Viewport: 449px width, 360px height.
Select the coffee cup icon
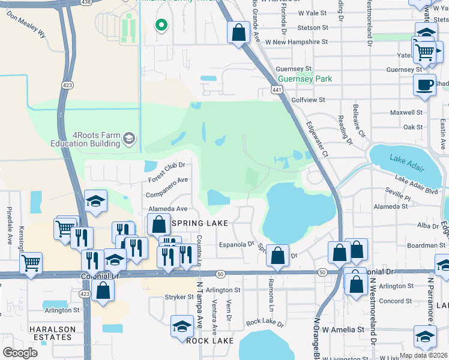coord(424,85)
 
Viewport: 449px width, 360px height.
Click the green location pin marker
coord(160,25)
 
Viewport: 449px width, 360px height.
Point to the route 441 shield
coord(277,89)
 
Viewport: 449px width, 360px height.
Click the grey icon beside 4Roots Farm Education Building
coord(128,139)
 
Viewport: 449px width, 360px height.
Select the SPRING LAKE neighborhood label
coord(200,223)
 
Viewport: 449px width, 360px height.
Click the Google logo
coord(20,353)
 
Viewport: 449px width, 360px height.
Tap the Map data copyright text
coord(423,355)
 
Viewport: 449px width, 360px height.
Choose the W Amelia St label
coord(343,329)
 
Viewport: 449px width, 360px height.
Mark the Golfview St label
coord(308,100)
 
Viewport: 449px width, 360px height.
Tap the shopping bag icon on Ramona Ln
coord(278,256)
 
